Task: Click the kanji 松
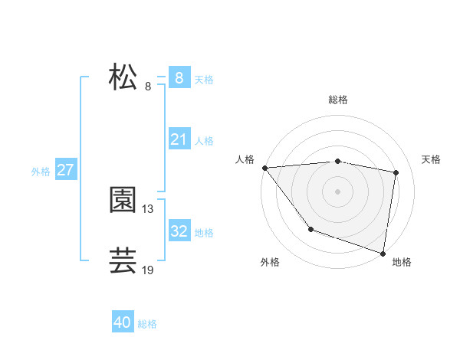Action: point(123,78)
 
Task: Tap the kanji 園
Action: point(123,201)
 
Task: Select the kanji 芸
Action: point(123,261)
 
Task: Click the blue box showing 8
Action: point(179,78)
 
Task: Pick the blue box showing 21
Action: point(179,139)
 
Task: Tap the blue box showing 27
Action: point(65,170)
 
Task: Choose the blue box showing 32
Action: point(179,231)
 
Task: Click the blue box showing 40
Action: point(122,322)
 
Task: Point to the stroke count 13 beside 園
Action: point(148,208)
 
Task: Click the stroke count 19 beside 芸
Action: point(148,270)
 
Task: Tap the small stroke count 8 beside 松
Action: point(147,87)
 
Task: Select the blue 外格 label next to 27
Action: point(41,172)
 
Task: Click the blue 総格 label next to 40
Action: point(147,324)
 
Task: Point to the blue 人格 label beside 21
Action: point(204,141)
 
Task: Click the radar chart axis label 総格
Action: point(338,100)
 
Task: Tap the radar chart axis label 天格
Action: point(431,159)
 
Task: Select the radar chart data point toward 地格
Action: point(383,253)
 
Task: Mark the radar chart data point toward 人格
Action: point(264,168)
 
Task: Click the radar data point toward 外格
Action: point(310,229)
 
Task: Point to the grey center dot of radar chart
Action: point(338,191)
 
